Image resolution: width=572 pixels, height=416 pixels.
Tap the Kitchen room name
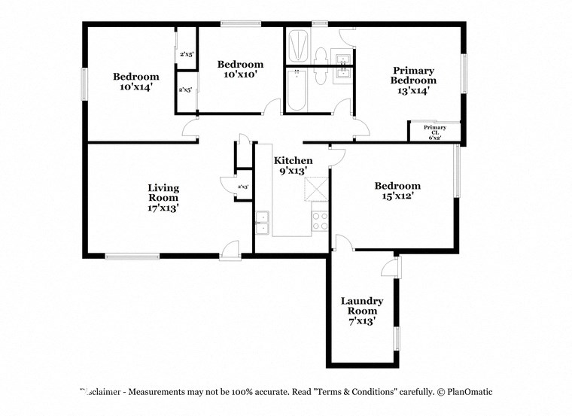293,160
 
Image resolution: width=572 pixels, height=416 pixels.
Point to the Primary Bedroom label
413,75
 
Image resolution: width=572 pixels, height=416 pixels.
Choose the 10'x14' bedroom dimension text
136,87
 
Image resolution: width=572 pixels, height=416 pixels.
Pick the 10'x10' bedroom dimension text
240,74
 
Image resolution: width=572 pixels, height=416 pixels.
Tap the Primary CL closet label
434,132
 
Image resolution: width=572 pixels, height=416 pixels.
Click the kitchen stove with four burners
320,220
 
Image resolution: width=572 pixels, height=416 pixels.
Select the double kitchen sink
262,223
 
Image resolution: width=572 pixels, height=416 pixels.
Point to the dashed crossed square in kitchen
319,188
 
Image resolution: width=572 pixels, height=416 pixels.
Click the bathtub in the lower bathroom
297,91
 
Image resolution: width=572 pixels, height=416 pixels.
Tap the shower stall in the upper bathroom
297,47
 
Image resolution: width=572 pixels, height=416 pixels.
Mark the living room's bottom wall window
132,257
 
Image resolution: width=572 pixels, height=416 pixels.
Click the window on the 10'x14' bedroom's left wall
85,84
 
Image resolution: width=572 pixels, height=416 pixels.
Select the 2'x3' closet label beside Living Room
242,187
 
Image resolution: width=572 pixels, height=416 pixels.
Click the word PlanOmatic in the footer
468,392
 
